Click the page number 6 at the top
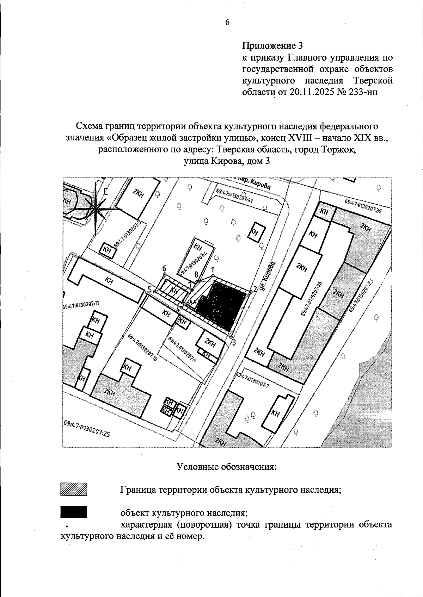pos(227,22)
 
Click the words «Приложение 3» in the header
pos(272,45)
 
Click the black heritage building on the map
pos(220,301)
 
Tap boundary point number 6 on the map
pos(164,273)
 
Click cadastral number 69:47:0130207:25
pos(87,428)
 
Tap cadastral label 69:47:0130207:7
pos(252,381)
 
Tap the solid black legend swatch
pos(74,512)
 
